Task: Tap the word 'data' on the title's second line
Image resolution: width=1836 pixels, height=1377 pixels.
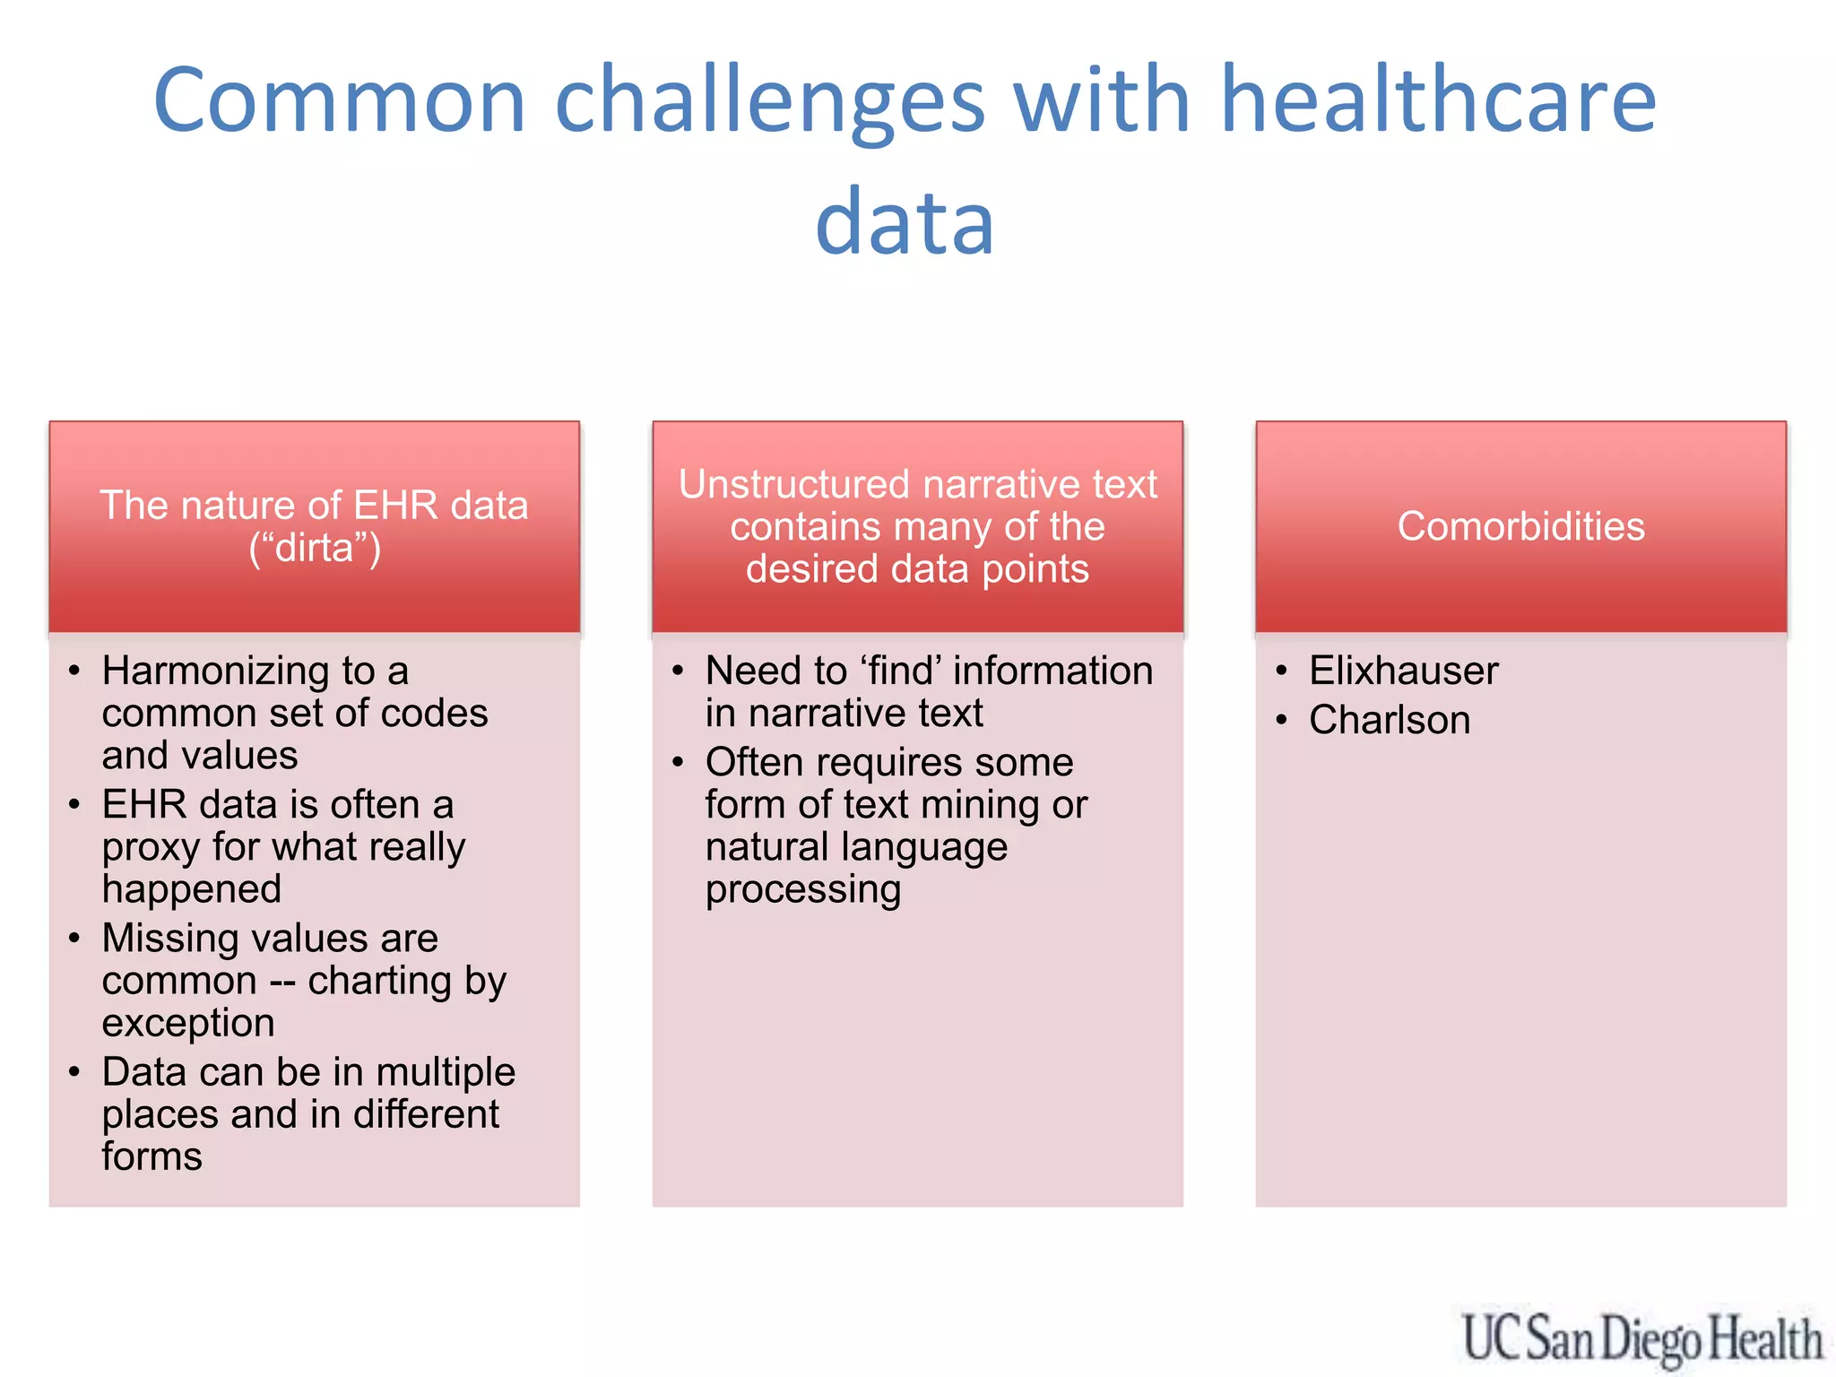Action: tap(905, 221)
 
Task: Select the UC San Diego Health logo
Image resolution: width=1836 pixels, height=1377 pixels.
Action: tap(1641, 1338)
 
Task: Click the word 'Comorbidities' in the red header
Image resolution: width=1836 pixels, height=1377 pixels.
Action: tap(1520, 526)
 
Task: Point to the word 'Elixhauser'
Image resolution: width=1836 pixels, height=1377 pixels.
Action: tap(1403, 671)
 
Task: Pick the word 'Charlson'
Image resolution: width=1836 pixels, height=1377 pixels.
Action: tap(1390, 720)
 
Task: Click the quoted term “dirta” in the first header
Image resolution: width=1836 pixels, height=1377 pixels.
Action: tap(315, 548)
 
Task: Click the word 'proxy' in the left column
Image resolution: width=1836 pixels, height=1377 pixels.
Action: tap(150, 847)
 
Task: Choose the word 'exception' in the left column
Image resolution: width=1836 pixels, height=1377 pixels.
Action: tap(188, 1023)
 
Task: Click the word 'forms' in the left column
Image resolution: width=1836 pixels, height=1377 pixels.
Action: tap(152, 1156)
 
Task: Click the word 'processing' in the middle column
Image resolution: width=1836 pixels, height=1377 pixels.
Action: tap(802, 889)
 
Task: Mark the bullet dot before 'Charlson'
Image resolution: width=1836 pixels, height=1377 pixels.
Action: tap(1282, 720)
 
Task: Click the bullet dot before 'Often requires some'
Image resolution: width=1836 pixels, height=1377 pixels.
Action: tap(679, 762)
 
